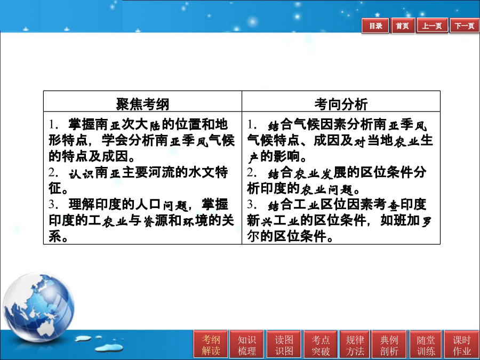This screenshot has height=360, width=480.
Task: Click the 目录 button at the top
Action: pos(375,26)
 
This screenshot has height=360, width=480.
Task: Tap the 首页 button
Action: pos(403,26)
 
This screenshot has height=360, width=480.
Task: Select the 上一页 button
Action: pos(432,26)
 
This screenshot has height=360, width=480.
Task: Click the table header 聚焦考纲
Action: pos(142,104)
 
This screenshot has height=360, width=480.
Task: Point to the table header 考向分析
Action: pos(341,104)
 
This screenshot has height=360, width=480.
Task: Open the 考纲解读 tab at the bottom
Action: pos(211,345)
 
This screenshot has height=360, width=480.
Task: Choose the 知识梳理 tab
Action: pos(247,345)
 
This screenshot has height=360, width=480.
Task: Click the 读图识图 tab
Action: pos(284,345)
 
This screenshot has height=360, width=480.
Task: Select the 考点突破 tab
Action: pos(321,345)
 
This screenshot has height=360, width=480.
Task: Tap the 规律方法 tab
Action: pos(355,345)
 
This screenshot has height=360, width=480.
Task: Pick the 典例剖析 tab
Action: pos(389,345)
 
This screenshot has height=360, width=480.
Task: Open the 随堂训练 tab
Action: pos(426,345)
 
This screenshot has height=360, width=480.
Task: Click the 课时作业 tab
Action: pos(462,345)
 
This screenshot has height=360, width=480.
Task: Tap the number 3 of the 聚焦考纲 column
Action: pos(52,204)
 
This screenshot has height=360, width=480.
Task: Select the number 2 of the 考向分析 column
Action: pos(251,173)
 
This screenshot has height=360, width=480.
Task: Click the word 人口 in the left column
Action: pos(148,204)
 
